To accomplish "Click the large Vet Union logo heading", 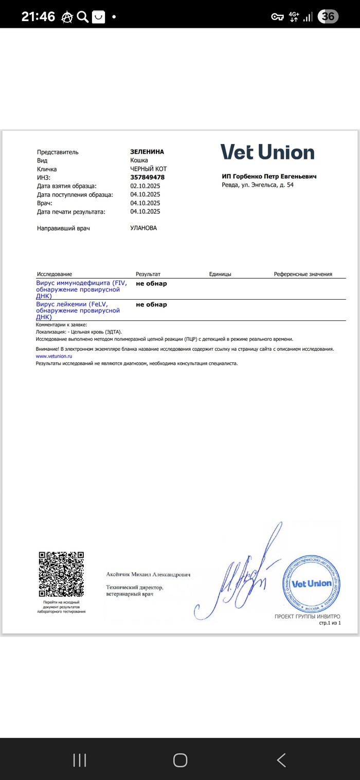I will (267, 152).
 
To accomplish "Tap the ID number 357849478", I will (147, 177).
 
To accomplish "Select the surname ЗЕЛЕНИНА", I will (147, 152).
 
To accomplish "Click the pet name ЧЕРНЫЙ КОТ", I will (149, 169).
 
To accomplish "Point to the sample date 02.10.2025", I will (145, 186).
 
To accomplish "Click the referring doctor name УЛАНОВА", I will (143, 228).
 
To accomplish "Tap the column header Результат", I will (148, 274).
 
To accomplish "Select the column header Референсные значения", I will (303, 274).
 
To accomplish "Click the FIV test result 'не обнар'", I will (151, 283).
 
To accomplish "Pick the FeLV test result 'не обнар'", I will (151, 304).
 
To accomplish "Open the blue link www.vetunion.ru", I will (54, 356).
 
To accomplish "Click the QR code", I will (61, 574).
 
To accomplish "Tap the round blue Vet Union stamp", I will (311, 584).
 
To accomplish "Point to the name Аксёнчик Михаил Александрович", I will (148, 574).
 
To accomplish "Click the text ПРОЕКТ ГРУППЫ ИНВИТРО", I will (307, 616).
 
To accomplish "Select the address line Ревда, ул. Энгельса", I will (258, 185).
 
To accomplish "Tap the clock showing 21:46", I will (38, 16).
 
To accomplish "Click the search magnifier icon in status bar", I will (82, 17).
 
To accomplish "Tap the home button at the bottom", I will (180, 760).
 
